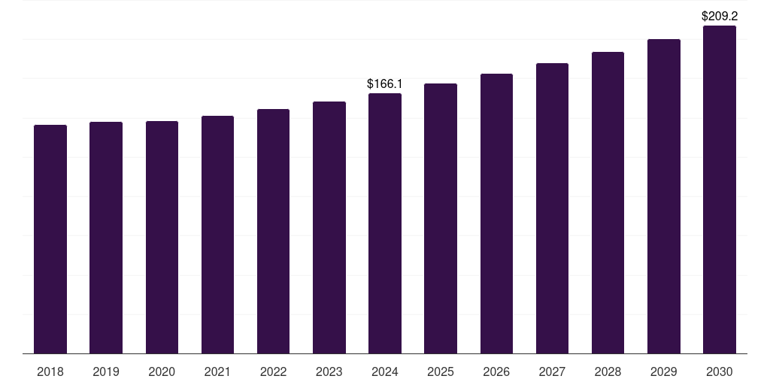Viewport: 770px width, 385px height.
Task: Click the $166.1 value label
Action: (x=385, y=84)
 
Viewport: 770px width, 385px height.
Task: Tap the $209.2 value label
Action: (x=720, y=16)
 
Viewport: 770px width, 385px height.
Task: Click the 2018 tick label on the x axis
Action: (x=50, y=371)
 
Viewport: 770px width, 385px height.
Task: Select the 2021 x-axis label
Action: (x=217, y=371)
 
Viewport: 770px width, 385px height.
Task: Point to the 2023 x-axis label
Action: (x=329, y=371)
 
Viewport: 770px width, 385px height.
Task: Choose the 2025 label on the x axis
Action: (x=441, y=371)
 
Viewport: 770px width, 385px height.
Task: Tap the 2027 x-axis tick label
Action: (x=552, y=371)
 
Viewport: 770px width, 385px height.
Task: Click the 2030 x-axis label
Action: (x=720, y=371)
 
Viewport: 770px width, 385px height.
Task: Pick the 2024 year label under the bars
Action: (x=385, y=371)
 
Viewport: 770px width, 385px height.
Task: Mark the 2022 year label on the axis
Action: (x=273, y=371)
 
